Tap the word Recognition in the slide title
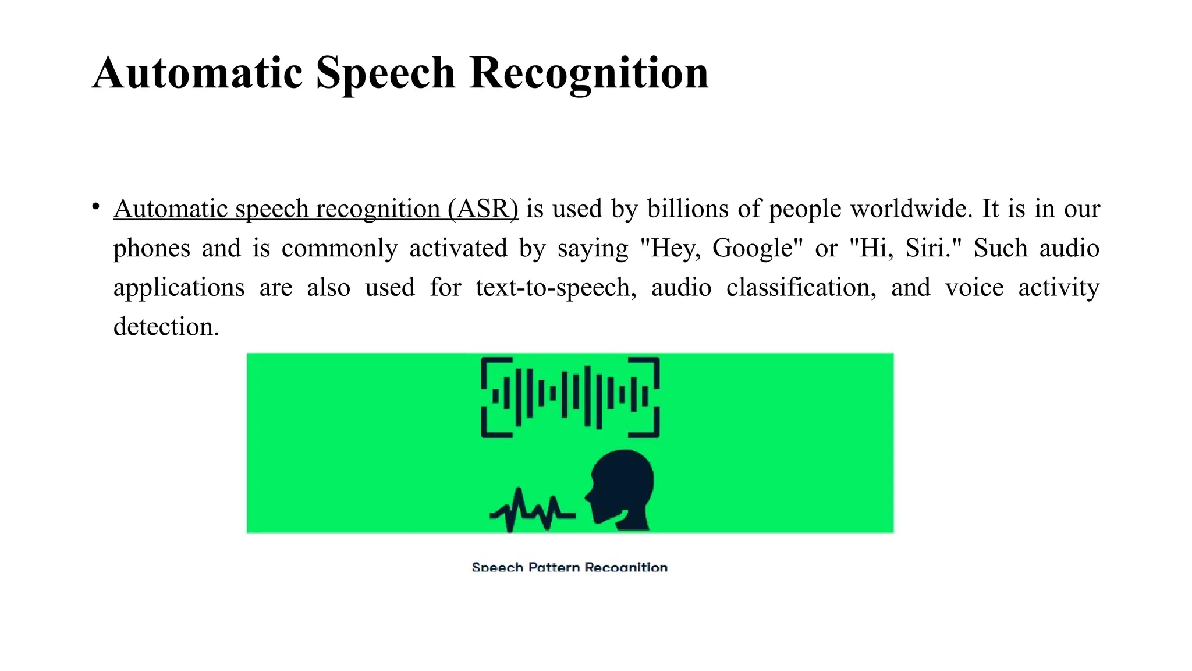(x=589, y=74)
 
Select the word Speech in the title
(x=385, y=74)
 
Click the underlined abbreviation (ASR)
(x=483, y=209)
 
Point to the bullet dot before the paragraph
(x=96, y=207)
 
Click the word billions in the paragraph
(x=688, y=209)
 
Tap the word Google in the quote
(x=753, y=248)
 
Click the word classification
(x=801, y=288)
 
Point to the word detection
(x=166, y=327)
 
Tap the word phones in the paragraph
(x=152, y=249)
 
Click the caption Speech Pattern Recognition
(x=569, y=567)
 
